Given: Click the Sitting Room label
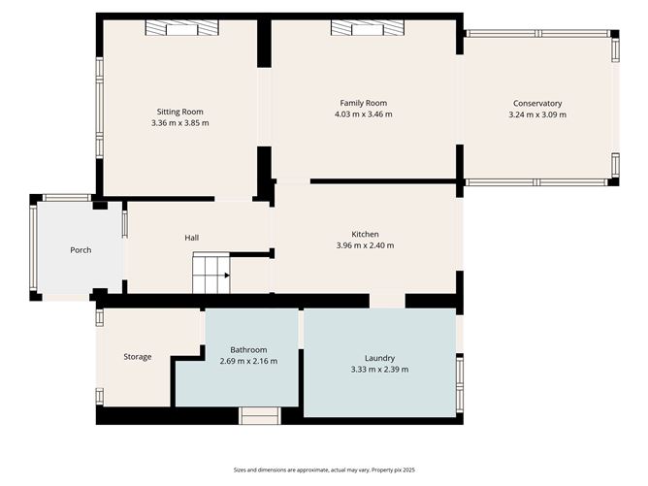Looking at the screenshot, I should tap(180, 112).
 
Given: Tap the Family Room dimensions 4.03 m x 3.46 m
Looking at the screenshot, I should tap(363, 114).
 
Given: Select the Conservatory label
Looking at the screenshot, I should tap(537, 103).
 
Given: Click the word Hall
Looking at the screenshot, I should tap(192, 238).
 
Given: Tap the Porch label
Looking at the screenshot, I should tap(81, 250).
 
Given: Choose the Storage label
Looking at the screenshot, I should tap(137, 357).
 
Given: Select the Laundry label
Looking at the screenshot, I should tap(379, 358).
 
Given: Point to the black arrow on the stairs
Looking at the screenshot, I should tap(225, 275).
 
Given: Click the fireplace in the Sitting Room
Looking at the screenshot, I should tap(181, 29).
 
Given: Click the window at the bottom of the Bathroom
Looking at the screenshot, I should tap(260, 416).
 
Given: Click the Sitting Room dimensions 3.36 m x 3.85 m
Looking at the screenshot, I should tap(180, 123).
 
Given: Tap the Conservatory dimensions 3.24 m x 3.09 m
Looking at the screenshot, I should tap(537, 114).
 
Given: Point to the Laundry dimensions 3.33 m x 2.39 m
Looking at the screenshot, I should tap(379, 370).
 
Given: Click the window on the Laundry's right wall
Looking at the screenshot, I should tap(460, 373).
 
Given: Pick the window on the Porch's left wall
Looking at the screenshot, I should tap(33, 248).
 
